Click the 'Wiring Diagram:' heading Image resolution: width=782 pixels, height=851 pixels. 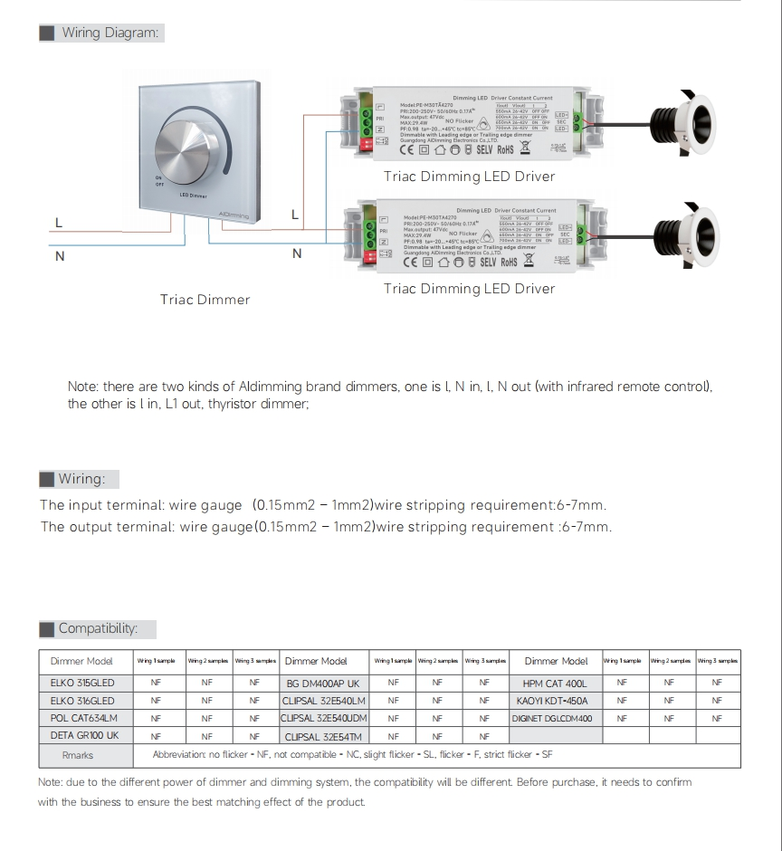click(110, 33)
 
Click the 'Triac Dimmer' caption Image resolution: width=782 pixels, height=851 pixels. click(205, 300)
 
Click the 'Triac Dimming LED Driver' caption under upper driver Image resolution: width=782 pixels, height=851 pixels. click(469, 177)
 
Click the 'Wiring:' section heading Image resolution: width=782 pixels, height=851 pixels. click(81, 479)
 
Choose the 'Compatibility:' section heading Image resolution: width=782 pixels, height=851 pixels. click(98, 628)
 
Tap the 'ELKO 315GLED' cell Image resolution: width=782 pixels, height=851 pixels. click(82, 684)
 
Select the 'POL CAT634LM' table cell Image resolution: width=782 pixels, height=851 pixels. click(84, 718)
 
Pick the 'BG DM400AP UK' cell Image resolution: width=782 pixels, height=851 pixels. click(323, 684)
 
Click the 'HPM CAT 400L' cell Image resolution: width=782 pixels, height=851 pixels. click(555, 684)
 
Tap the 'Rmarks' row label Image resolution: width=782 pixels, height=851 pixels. click(78, 755)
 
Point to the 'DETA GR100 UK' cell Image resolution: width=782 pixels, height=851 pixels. click(84, 735)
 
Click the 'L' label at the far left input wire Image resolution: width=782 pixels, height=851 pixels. click(59, 223)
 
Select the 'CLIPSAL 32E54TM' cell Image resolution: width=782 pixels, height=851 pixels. click(323, 736)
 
